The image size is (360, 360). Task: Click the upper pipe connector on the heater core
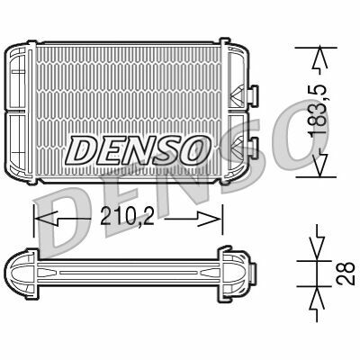pyautogui.click(x=252, y=93)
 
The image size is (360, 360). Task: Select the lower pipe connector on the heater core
pyautogui.click(x=252, y=145)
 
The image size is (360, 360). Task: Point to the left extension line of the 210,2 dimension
pyautogui.click(x=34, y=216)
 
